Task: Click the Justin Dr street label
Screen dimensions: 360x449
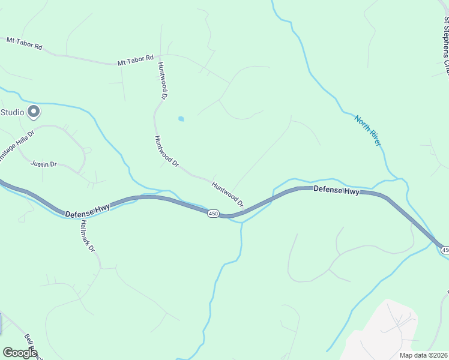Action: click(44, 163)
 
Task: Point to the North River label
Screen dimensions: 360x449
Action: click(367, 130)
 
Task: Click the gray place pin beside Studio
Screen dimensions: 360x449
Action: click(34, 112)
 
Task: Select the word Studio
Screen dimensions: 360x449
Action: click(12, 112)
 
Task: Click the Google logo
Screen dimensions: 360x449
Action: click(19, 353)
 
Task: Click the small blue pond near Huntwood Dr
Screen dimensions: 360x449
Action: click(181, 119)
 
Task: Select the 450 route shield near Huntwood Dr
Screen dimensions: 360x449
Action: click(213, 214)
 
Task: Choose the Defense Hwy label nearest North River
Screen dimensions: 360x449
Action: click(337, 190)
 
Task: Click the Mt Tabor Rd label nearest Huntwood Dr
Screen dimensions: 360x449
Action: click(134, 62)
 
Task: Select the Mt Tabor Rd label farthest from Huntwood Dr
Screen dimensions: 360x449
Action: click(24, 43)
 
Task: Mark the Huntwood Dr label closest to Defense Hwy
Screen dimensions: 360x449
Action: click(228, 194)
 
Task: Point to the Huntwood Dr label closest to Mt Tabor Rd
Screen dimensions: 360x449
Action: click(161, 80)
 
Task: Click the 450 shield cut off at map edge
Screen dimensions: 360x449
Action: click(445, 249)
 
